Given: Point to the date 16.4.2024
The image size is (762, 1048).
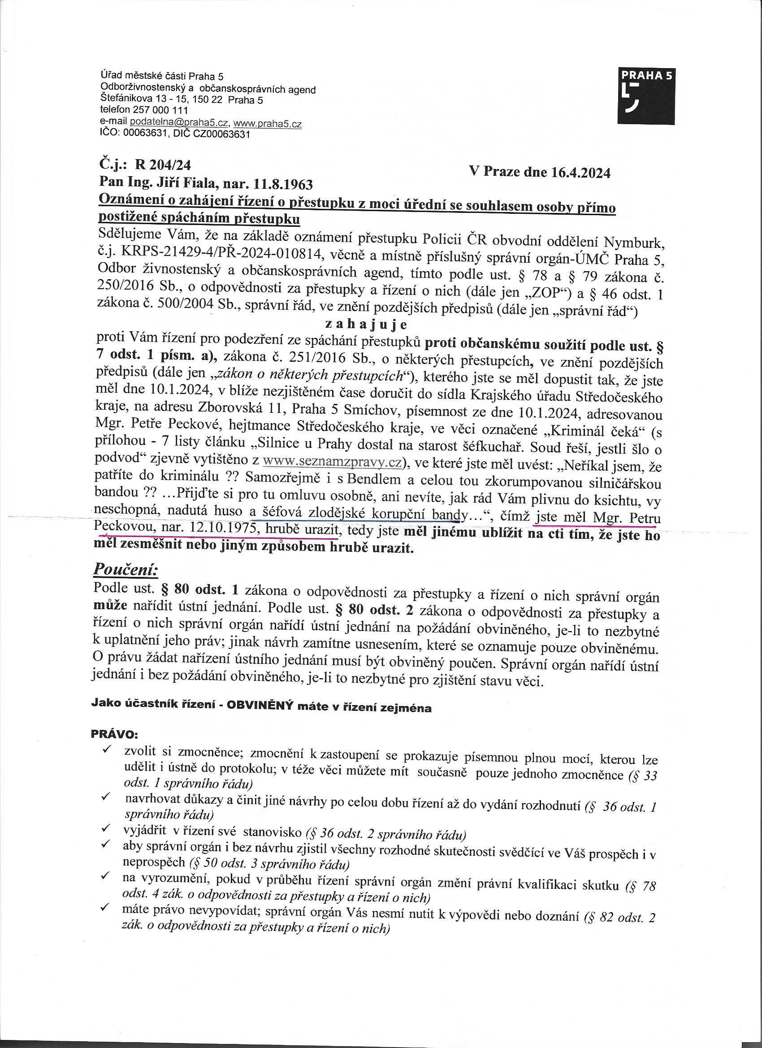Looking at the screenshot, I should click(x=580, y=173).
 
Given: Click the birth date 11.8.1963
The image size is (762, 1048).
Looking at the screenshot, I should click(x=283, y=185).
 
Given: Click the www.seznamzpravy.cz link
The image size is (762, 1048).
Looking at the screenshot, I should click(x=332, y=462).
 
